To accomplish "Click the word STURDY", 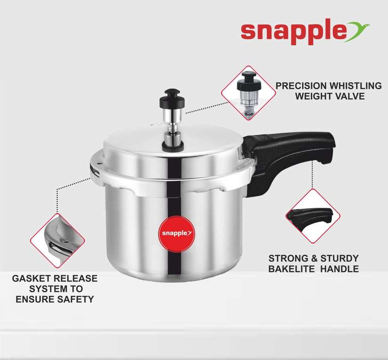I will click(341, 258).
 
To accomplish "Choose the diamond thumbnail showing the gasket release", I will click(57, 234).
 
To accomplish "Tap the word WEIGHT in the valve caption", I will click(312, 97).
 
